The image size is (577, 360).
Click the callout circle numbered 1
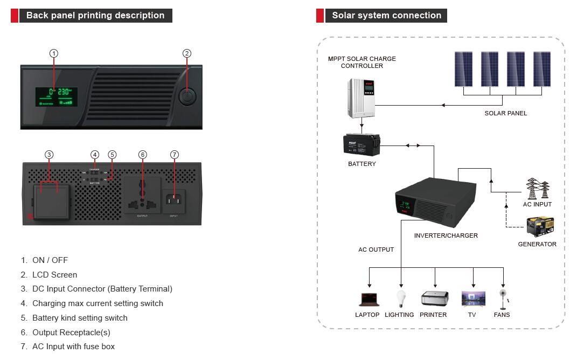coord(54,53)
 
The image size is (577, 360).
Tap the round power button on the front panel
coord(186,97)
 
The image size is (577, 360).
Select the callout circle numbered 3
coord(49,155)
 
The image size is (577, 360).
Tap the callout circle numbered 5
coord(112,155)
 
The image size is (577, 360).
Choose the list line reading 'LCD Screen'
coord(54,275)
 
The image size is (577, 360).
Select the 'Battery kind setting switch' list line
coord(80,318)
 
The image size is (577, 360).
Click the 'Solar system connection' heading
coord(386,16)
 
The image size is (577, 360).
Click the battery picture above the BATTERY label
coord(362,144)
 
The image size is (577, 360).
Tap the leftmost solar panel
coord(463,69)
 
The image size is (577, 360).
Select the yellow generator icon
coord(540,227)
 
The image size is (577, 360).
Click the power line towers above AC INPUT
coord(537,189)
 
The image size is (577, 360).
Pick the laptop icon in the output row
coord(369,299)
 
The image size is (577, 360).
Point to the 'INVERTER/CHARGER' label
coord(446,236)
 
